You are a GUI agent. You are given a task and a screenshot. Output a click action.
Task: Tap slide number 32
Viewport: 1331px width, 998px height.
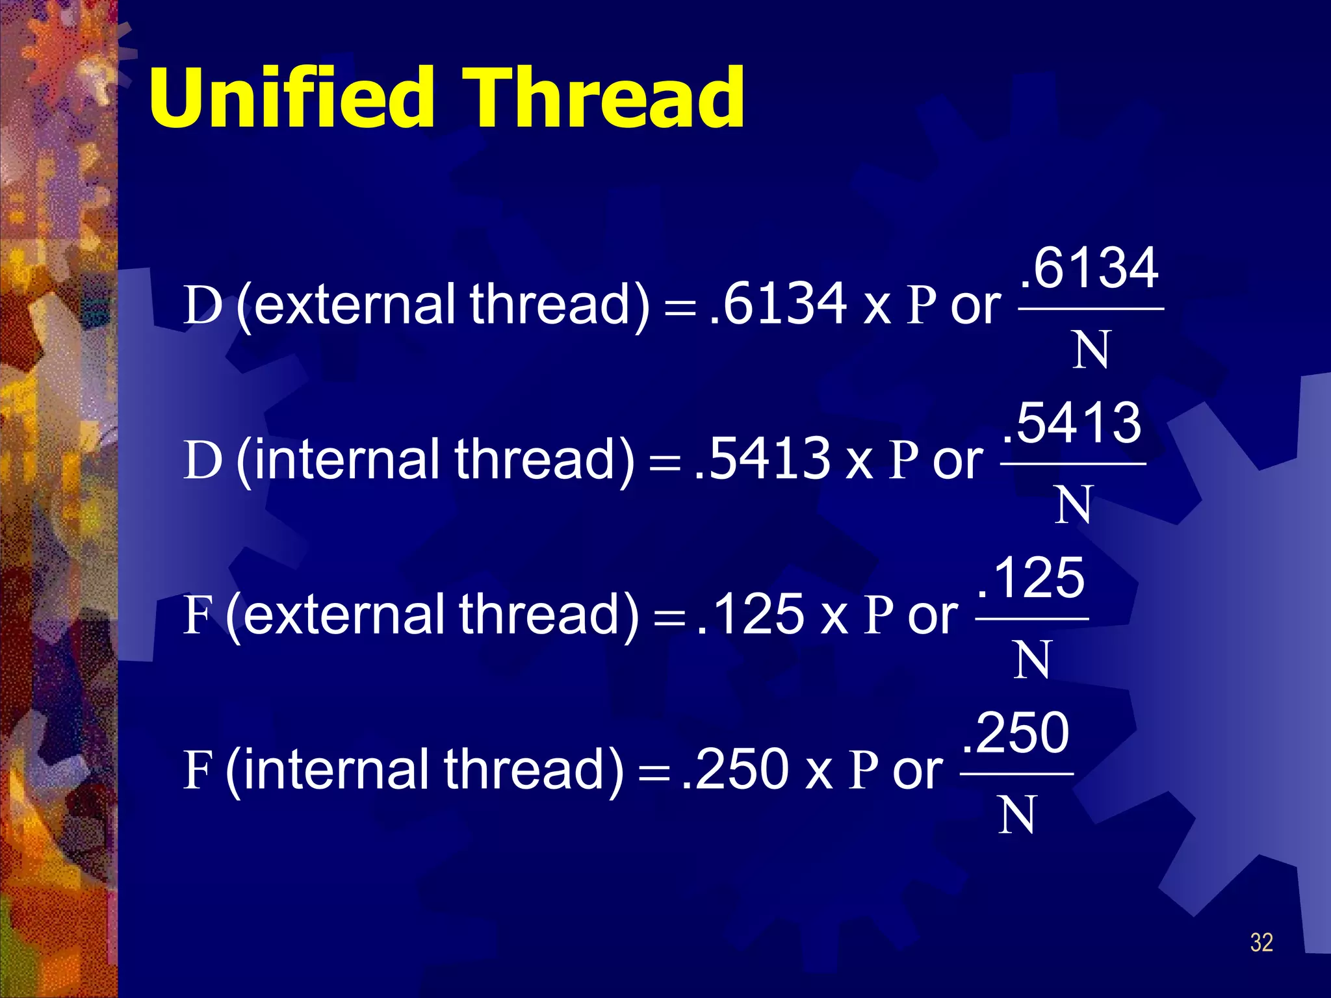pyautogui.click(x=1261, y=942)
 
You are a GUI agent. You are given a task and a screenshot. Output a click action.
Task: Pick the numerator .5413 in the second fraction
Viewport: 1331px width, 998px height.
pyautogui.click(x=1072, y=423)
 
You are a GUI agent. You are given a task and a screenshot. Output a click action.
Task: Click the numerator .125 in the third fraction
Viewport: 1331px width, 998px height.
pyautogui.click(x=1031, y=578)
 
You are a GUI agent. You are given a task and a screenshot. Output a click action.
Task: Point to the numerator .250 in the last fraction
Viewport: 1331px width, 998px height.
pyautogui.click(x=1016, y=733)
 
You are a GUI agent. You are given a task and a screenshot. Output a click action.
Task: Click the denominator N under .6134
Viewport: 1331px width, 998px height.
pyautogui.click(x=1091, y=350)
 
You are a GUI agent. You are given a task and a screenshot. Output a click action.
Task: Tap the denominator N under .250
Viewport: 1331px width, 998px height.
pyautogui.click(x=1016, y=815)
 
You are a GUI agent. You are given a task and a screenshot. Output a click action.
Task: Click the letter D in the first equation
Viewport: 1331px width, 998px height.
pyautogui.click(x=202, y=305)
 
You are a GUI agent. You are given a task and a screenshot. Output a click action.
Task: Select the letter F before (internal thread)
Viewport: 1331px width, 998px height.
pyautogui.click(x=198, y=770)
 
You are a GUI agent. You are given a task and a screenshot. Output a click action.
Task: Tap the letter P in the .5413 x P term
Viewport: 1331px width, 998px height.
pyautogui.click(x=904, y=460)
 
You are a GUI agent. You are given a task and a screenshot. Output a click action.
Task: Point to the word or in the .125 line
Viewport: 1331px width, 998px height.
pyautogui.click(x=933, y=615)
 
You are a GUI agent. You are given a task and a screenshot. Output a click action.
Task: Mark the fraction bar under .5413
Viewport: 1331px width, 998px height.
pyautogui.click(x=1073, y=464)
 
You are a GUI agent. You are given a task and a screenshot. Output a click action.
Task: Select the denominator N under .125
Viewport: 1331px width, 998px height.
pyautogui.click(x=1031, y=660)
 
